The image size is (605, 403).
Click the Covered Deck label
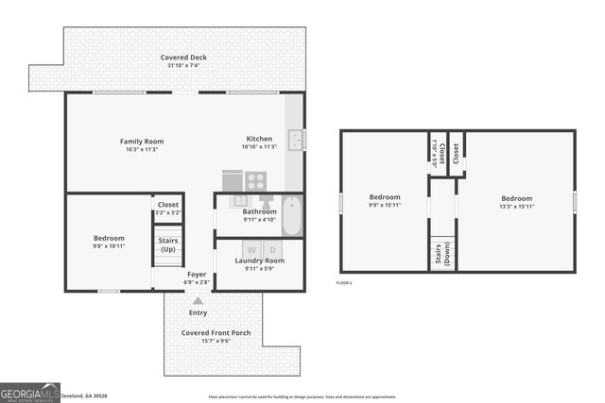click(185, 59)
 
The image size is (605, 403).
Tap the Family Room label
click(142, 142)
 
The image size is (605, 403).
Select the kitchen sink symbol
click(296, 140)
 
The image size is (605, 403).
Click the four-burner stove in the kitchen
click(256, 180)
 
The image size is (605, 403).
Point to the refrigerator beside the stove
click(233, 179)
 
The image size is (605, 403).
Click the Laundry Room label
click(259, 260)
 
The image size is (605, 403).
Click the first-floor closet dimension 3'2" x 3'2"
click(167, 213)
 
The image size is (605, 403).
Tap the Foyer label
click(196, 273)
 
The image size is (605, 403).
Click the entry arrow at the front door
click(198, 300)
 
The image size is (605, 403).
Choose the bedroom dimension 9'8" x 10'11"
click(109, 246)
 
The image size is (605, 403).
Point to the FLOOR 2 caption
click(345, 283)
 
